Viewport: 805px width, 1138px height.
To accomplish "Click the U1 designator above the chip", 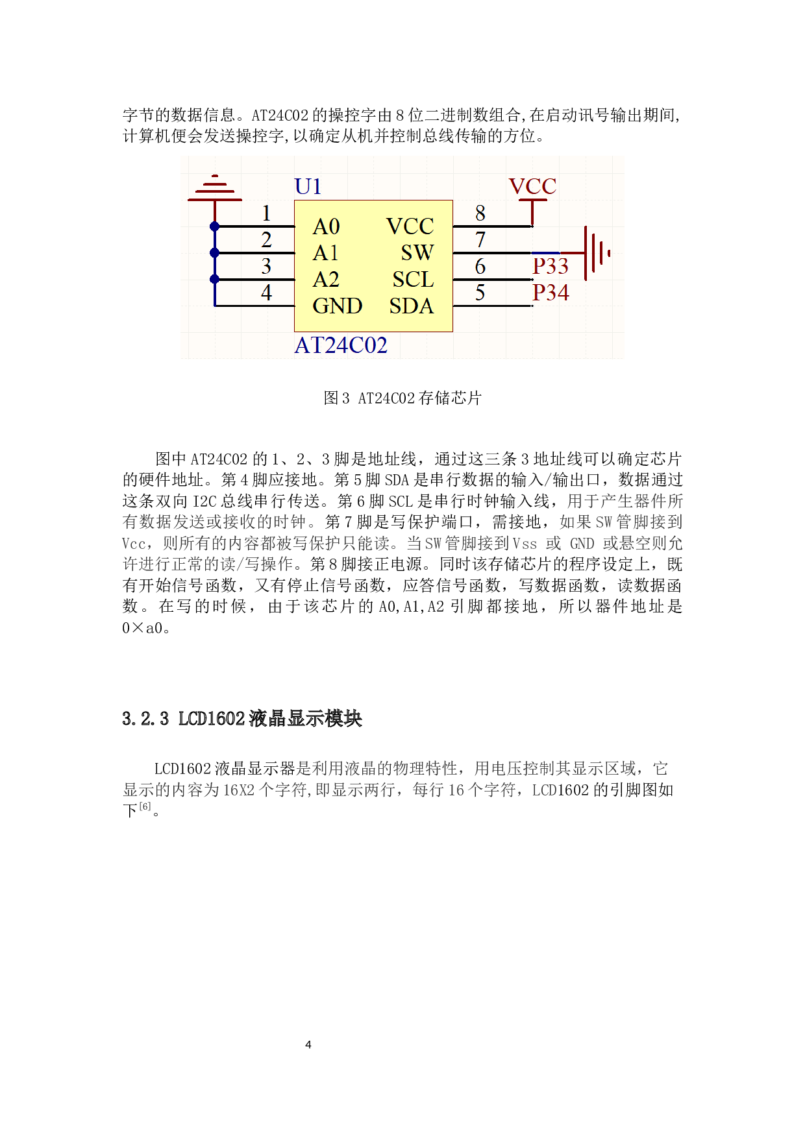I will tap(308, 187).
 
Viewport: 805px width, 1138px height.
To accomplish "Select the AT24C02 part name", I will tap(341, 345).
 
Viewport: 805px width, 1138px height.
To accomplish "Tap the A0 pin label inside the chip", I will tap(326, 226).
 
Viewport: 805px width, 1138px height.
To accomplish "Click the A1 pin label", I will tap(325, 253).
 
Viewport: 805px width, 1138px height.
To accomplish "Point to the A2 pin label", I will tap(326, 280).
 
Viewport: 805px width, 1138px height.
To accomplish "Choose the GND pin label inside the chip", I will tap(337, 306).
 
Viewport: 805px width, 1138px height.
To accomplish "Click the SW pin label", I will tap(417, 252).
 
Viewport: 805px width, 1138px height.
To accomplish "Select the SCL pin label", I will tap(413, 280).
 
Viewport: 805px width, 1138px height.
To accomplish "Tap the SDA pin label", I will tap(412, 306).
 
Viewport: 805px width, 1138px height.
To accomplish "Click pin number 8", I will tap(480, 213).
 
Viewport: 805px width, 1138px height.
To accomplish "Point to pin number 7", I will tap(480, 240).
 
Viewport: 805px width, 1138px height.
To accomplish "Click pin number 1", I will tap(266, 213).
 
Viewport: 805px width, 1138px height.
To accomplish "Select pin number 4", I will tap(266, 293).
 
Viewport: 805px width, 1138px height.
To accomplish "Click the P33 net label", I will tap(551, 266).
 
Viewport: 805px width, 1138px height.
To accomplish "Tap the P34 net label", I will tap(551, 293).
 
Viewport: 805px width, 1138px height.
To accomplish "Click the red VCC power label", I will tap(532, 187).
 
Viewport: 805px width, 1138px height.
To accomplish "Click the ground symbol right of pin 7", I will tap(596, 253).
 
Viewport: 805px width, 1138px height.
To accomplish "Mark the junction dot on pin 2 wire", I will tap(215, 253).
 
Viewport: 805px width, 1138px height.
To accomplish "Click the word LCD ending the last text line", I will tap(545, 790).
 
